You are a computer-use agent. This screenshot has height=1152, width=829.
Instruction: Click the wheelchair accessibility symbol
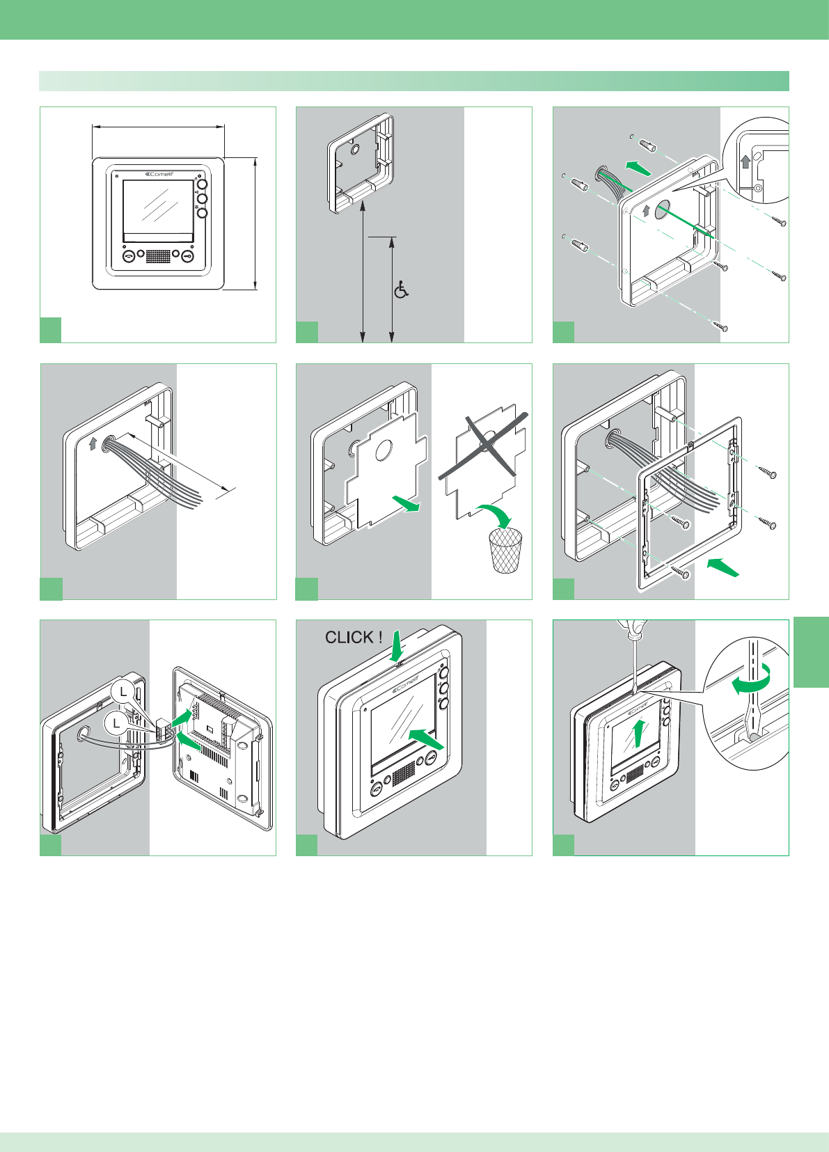(x=401, y=290)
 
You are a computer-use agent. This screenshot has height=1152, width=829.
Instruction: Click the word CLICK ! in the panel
(x=354, y=637)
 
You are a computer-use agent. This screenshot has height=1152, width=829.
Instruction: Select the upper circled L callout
(x=123, y=691)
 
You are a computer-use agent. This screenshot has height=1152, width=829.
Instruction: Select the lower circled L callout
(x=116, y=724)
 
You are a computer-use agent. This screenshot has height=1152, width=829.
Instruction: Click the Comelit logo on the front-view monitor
(x=159, y=174)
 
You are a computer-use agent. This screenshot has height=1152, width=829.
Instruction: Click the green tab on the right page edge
(x=811, y=652)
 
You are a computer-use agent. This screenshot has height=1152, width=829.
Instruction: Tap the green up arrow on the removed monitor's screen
(x=638, y=733)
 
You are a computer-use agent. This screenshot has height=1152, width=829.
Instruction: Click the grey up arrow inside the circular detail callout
(x=745, y=161)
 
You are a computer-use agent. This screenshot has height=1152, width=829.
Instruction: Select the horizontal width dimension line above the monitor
(x=158, y=127)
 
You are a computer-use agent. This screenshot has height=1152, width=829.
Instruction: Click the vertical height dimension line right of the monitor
(x=256, y=223)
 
